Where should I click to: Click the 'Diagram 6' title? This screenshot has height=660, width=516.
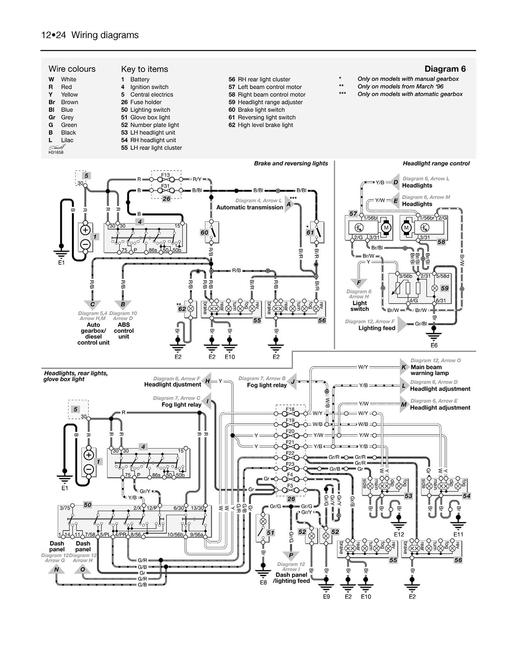pos(445,69)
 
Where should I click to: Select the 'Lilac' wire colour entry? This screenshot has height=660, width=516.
pos(67,140)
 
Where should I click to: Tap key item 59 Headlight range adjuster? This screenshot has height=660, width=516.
pos(266,102)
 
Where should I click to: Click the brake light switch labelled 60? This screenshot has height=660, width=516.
pos(211,232)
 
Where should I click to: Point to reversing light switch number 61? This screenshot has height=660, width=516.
pos(316,232)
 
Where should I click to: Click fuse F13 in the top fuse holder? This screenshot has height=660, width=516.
pos(166,179)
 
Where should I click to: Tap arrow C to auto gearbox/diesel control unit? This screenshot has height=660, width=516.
pos(93,305)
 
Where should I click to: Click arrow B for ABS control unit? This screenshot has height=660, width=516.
pos(123,305)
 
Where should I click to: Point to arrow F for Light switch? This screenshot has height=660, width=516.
pos(359,283)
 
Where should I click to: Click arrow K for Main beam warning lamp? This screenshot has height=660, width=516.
pos(404,367)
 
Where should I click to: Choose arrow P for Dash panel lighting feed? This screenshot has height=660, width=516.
pos(291,555)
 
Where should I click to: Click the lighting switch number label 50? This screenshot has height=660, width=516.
pos(88,505)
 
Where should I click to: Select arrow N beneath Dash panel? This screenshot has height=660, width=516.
pos(57,570)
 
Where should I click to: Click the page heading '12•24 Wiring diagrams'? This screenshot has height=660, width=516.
pos(90,35)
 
